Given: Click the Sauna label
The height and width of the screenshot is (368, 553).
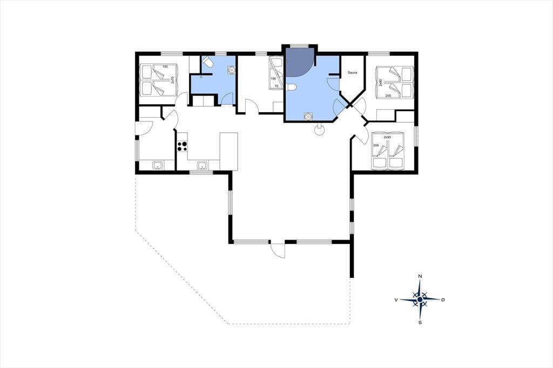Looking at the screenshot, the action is click(x=352, y=73).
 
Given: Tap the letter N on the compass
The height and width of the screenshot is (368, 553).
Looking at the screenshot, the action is click(x=420, y=276).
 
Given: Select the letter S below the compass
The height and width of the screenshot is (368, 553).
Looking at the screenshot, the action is click(x=420, y=323).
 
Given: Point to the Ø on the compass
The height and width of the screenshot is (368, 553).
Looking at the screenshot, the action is click(x=443, y=299).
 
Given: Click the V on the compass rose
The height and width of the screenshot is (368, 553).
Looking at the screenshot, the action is click(x=396, y=299).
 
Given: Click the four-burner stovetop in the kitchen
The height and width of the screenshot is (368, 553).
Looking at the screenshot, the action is click(x=182, y=146).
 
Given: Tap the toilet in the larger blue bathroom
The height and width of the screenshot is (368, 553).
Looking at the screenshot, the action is click(x=291, y=87).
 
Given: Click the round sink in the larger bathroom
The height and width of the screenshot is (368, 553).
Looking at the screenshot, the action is click(x=308, y=116).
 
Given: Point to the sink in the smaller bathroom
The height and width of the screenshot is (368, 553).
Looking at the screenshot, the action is click(x=231, y=70).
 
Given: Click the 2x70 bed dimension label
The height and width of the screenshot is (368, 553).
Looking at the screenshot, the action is click(x=172, y=80).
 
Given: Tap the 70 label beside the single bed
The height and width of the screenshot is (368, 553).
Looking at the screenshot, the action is click(x=276, y=86).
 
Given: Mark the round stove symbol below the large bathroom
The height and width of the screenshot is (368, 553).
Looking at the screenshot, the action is click(x=319, y=130).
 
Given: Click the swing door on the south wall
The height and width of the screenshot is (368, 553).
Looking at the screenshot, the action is click(x=278, y=250).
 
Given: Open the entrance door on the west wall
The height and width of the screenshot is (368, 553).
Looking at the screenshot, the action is click(x=144, y=128).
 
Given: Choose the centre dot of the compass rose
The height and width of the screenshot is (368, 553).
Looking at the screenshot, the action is click(x=420, y=299).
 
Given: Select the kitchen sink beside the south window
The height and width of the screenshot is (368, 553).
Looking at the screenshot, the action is click(x=202, y=165).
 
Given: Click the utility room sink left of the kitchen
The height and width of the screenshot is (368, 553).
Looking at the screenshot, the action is click(x=157, y=165).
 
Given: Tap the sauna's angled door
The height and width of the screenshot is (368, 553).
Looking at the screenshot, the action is click(x=339, y=105).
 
